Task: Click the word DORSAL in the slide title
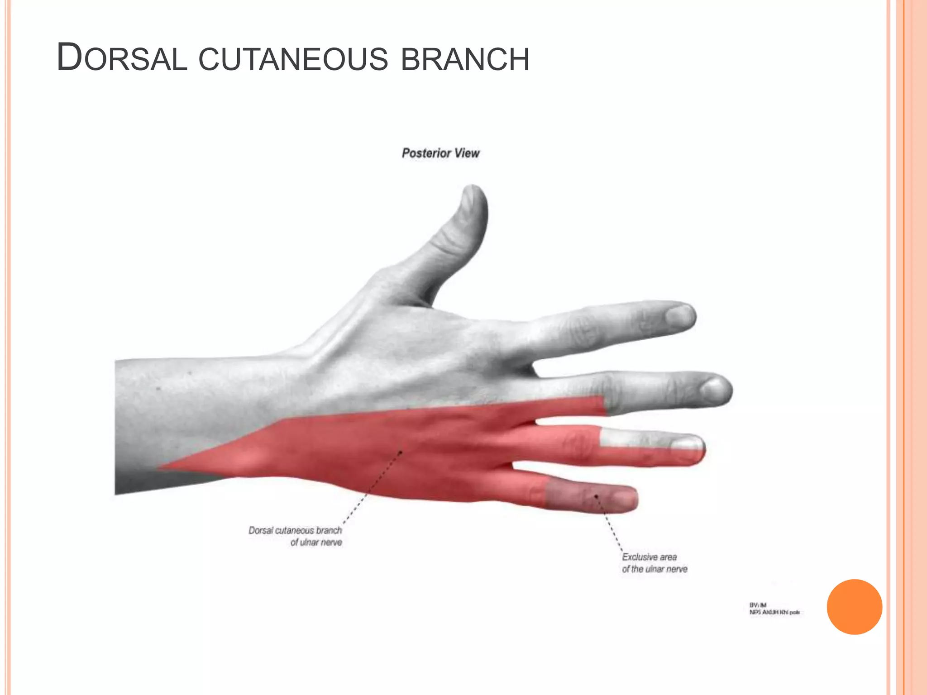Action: click(x=121, y=58)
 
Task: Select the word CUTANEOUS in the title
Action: click(x=293, y=59)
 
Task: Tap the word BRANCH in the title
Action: click(x=465, y=59)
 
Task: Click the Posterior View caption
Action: click(x=440, y=153)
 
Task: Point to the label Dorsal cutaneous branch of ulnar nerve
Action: click(x=295, y=536)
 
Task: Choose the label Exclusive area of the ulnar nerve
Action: click(x=654, y=563)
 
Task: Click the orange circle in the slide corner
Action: click(x=854, y=607)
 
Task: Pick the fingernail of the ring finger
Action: click(x=687, y=443)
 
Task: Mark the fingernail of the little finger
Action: click(x=624, y=499)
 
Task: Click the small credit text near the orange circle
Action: click(x=774, y=609)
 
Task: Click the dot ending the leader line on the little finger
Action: click(x=596, y=496)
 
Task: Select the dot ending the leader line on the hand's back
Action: click(x=401, y=452)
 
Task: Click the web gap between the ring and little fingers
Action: click(x=514, y=465)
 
